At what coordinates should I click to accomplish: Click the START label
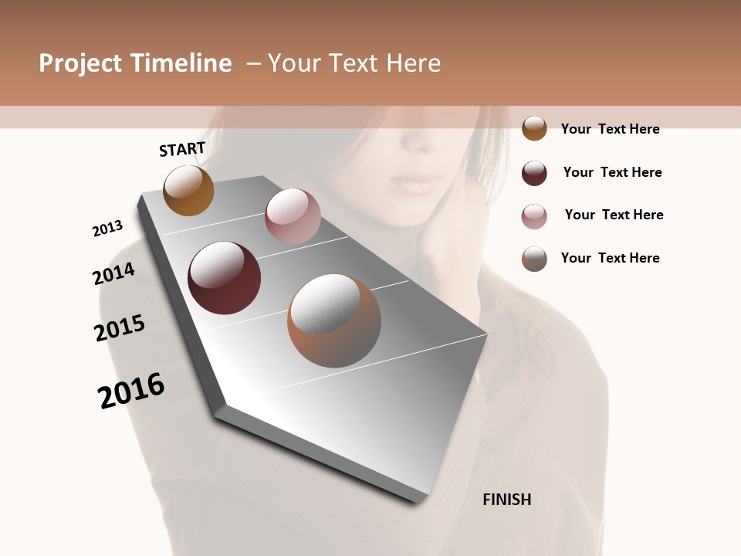pyautogui.click(x=182, y=149)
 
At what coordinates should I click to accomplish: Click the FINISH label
pyautogui.click(x=506, y=500)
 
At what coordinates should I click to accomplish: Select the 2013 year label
pyautogui.click(x=107, y=229)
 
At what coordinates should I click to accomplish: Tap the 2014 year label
pyautogui.click(x=113, y=274)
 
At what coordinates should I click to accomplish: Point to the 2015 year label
pyautogui.click(x=120, y=328)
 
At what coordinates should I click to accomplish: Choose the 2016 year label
pyautogui.click(x=131, y=391)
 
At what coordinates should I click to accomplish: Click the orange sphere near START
pyautogui.click(x=188, y=191)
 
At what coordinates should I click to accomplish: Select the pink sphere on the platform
pyautogui.click(x=293, y=216)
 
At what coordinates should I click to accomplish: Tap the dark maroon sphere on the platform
pyautogui.click(x=224, y=278)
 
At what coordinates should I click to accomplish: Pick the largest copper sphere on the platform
pyautogui.click(x=333, y=320)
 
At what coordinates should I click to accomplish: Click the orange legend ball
pyautogui.click(x=534, y=128)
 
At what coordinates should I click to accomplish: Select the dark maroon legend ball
pyautogui.click(x=534, y=173)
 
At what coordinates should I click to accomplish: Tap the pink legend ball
pyautogui.click(x=534, y=216)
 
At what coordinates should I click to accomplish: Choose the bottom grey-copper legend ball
pyautogui.click(x=534, y=259)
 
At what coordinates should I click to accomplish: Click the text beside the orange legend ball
pyautogui.click(x=610, y=129)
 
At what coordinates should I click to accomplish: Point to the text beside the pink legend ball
pyautogui.click(x=614, y=215)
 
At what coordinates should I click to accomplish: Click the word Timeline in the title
pyautogui.click(x=181, y=63)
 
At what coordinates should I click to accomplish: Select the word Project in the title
pyautogui.click(x=80, y=63)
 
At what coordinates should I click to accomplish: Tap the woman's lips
pyautogui.click(x=417, y=184)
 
